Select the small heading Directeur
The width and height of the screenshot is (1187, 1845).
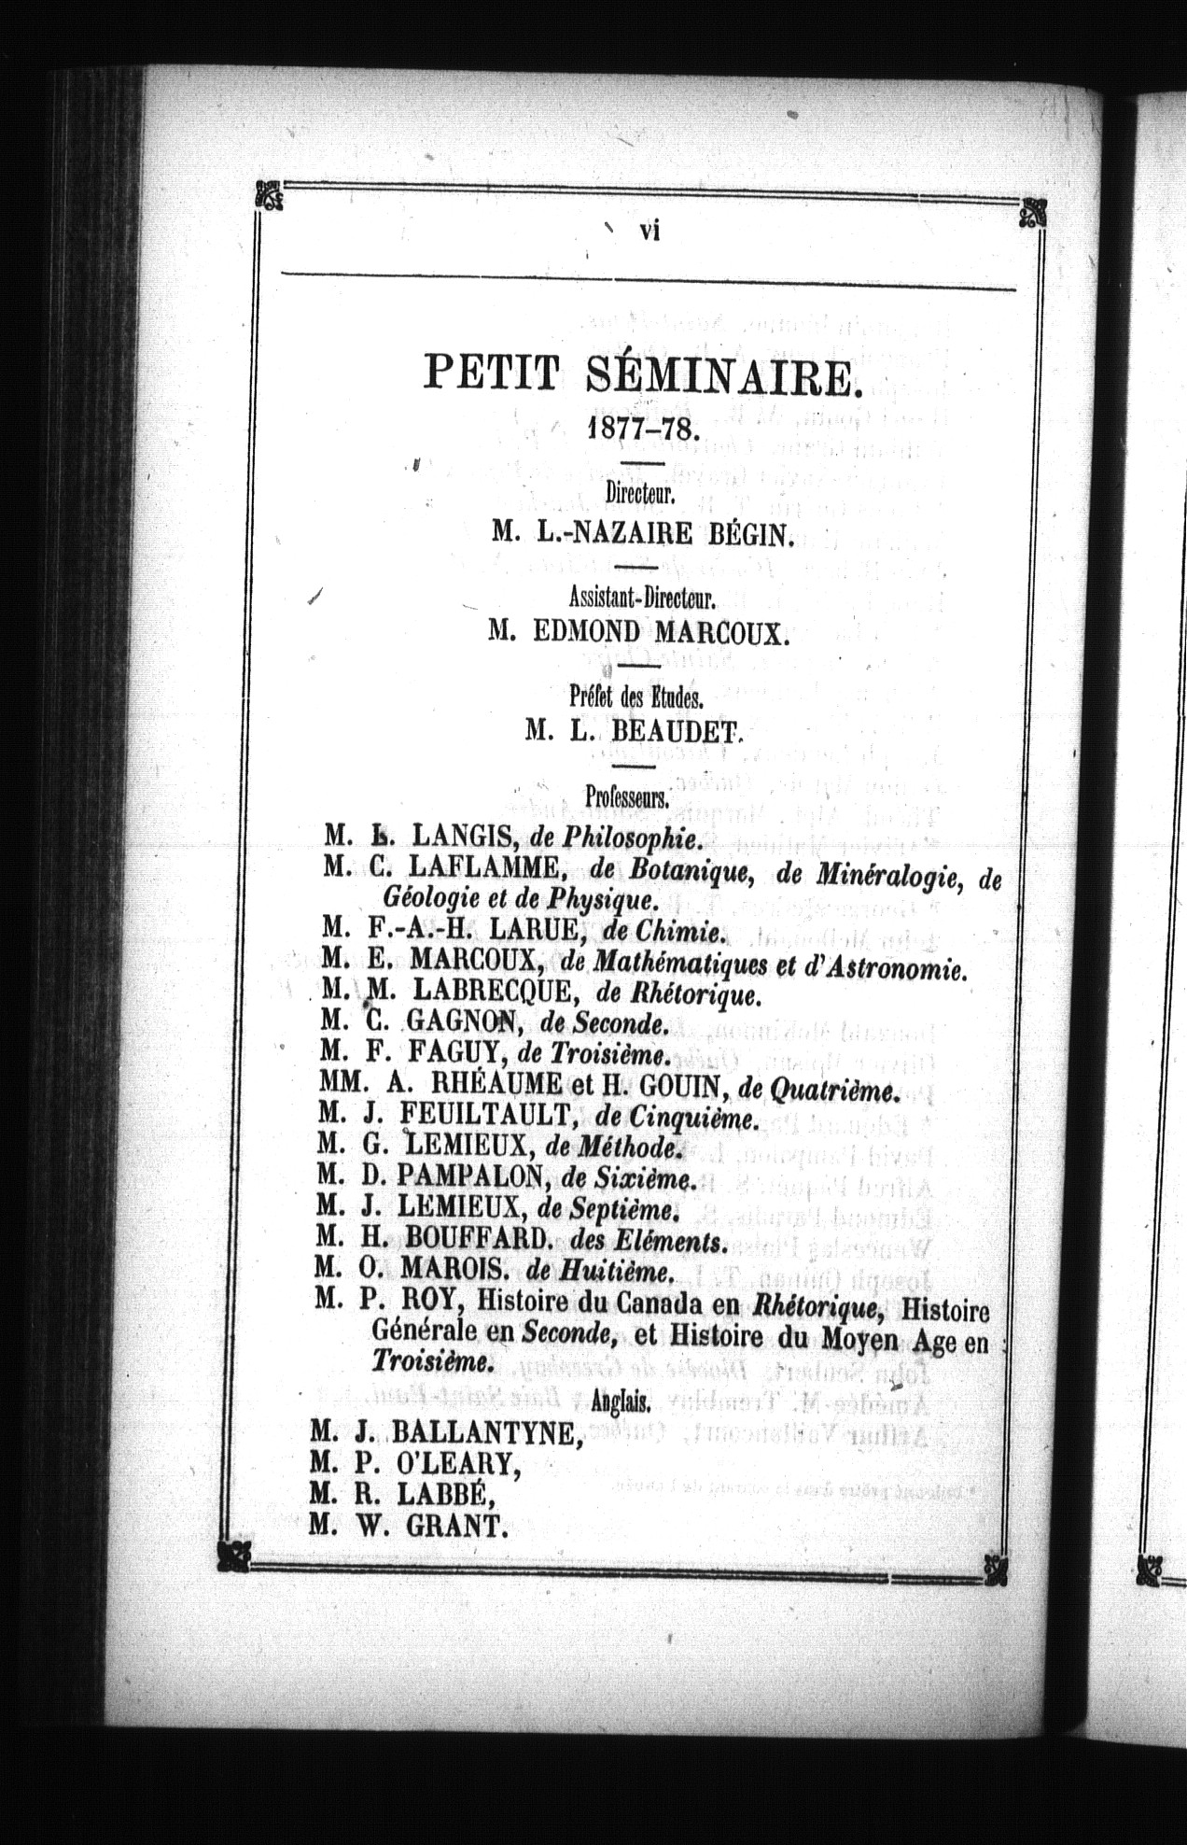pos(639,492)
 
